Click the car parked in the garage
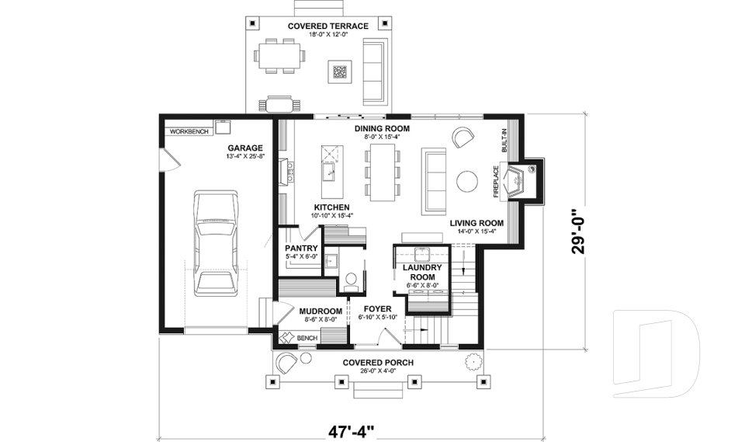click(x=216, y=243)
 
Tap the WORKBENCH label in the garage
click(x=189, y=131)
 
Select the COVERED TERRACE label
click(x=327, y=26)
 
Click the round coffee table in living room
click(x=468, y=180)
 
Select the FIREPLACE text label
click(x=496, y=180)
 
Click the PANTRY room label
click(x=300, y=248)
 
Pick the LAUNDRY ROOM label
click(x=421, y=272)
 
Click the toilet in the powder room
click(x=350, y=278)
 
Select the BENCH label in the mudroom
click(x=307, y=338)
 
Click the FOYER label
click(x=377, y=309)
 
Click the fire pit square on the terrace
click(x=340, y=72)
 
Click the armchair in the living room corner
click(x=463, y=137)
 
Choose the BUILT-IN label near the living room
click(x=504, y=140)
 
